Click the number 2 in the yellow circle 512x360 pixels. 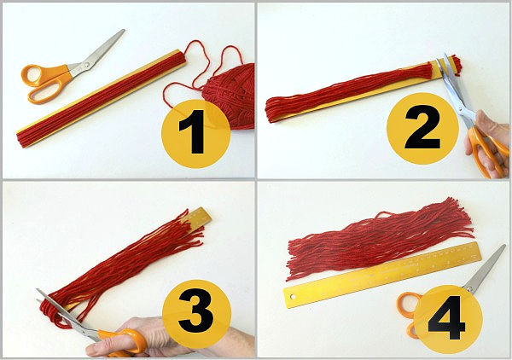click(422, 127)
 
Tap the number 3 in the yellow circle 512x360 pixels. click(195, 310)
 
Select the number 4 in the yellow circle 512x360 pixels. click(446, 317)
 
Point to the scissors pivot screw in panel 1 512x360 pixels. click(87, 65)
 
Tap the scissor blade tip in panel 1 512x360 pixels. click(124, 31)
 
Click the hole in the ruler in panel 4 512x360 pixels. click(293, 297)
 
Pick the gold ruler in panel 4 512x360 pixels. click(382, 275)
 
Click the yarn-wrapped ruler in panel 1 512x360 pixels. click(102, 98)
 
